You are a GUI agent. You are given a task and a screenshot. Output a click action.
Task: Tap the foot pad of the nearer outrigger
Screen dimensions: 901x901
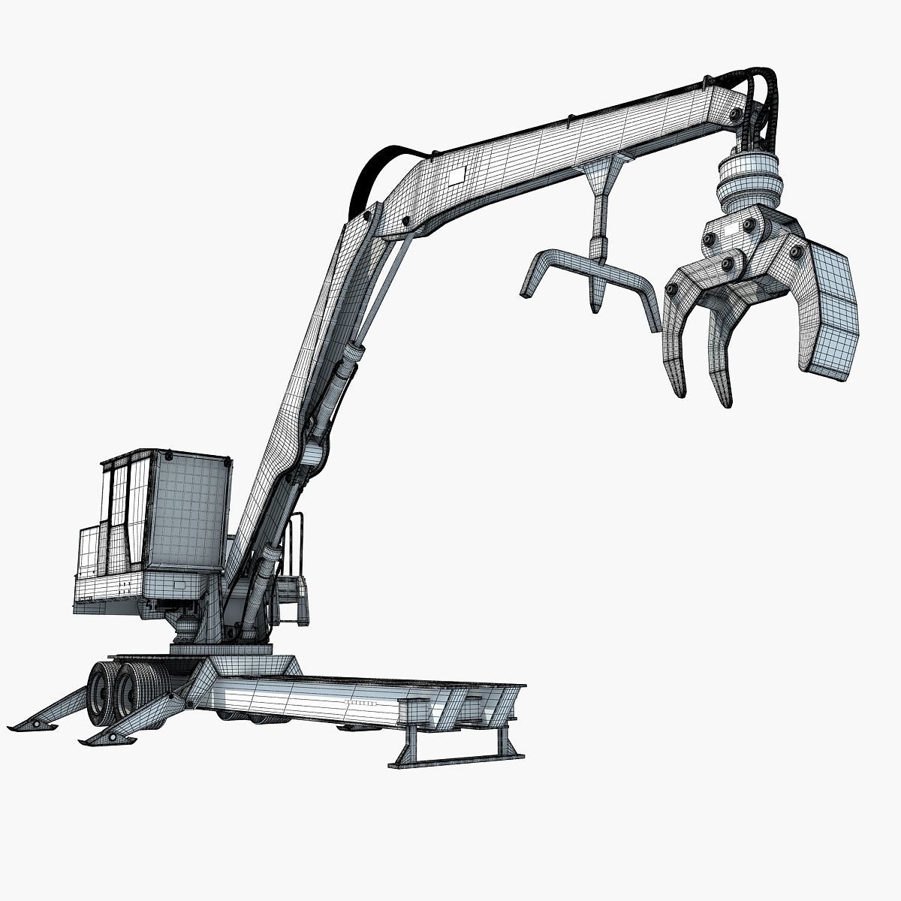(x=109, y=740)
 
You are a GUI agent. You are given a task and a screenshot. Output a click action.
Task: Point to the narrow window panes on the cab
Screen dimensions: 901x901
(x=120, y=511)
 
